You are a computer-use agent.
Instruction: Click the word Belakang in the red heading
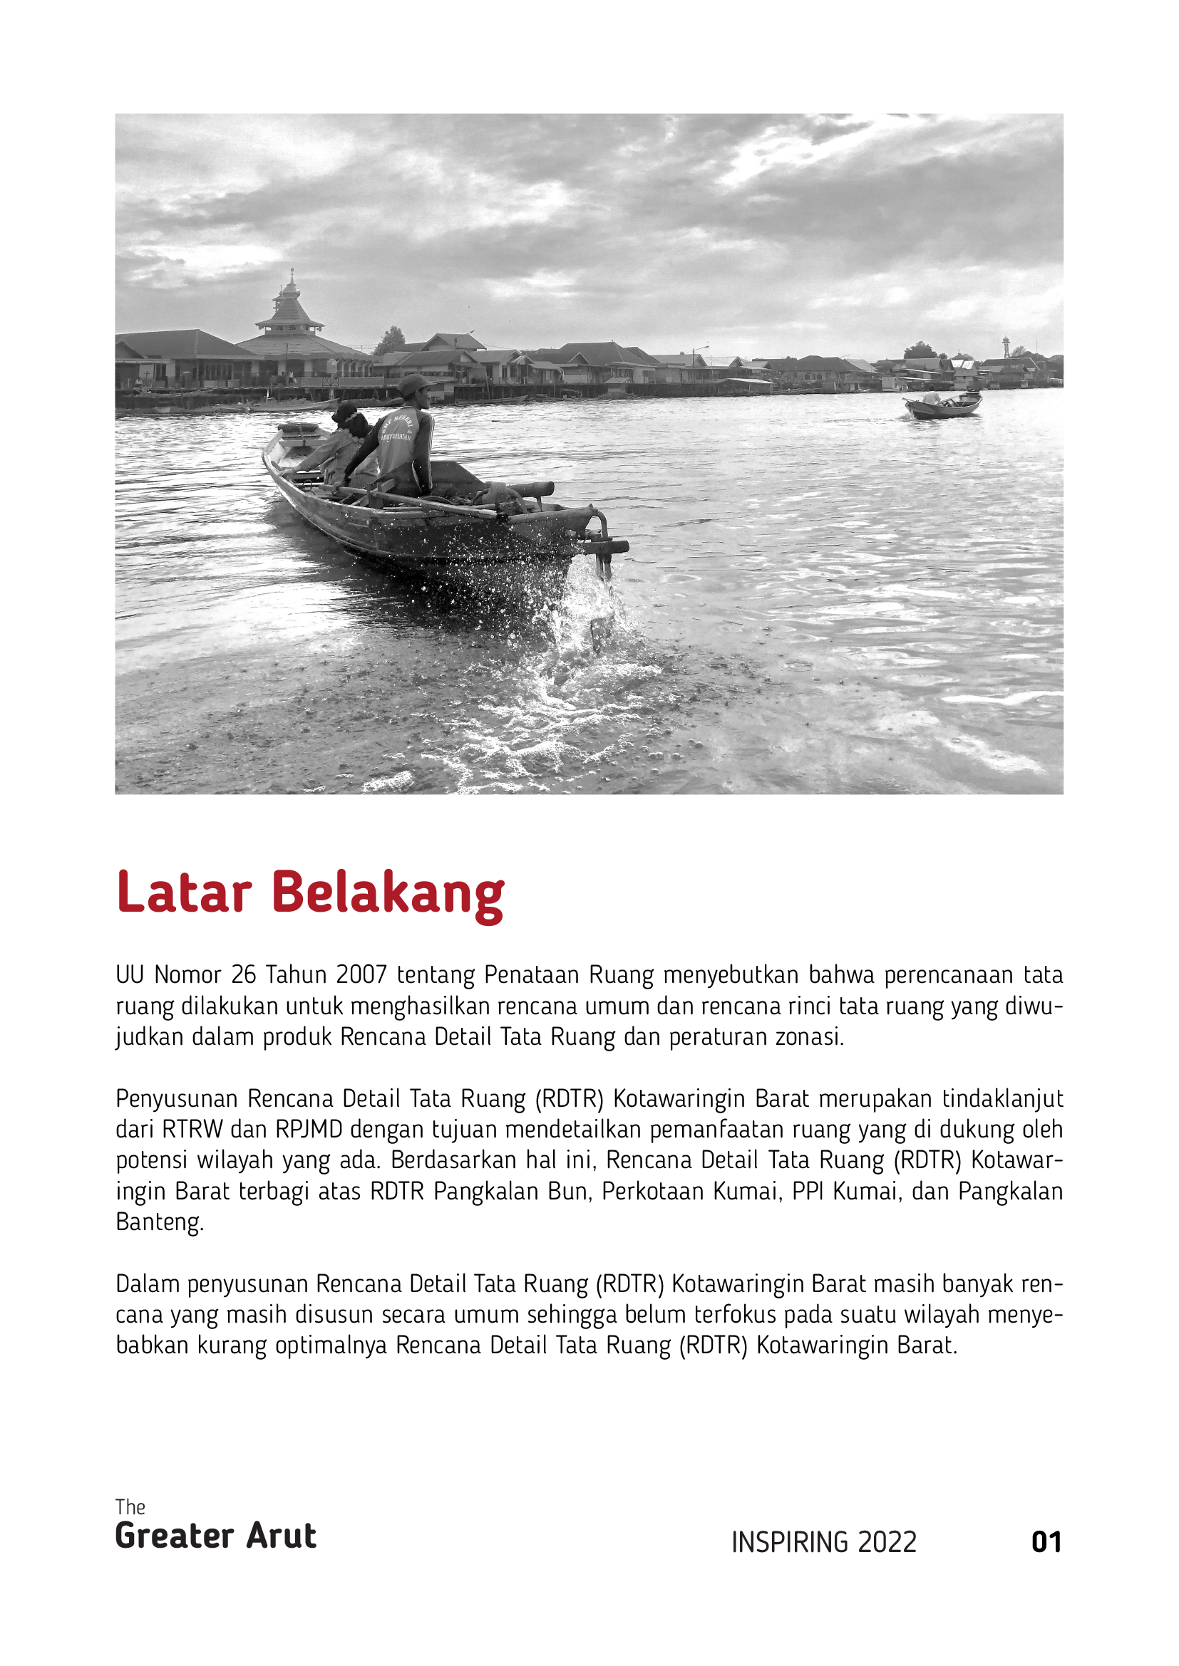(388, 893)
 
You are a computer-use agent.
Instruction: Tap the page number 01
(1046, 1542)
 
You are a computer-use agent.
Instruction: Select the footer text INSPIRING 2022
(824, 1543)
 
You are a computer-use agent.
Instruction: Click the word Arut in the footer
(281, 1536)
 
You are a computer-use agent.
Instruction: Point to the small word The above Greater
(130, 1507)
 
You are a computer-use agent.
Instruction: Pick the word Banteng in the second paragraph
(160, 1222)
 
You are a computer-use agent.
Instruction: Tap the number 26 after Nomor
(244, 974)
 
